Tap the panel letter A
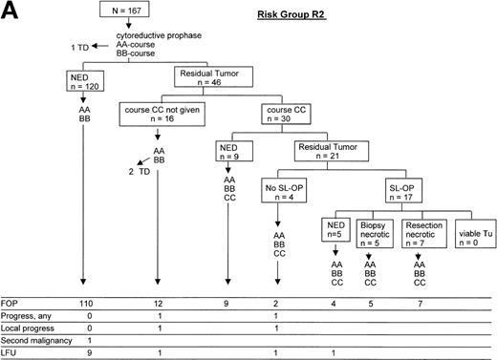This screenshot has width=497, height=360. (11, 12)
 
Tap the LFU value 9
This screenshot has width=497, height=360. (83, 352)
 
